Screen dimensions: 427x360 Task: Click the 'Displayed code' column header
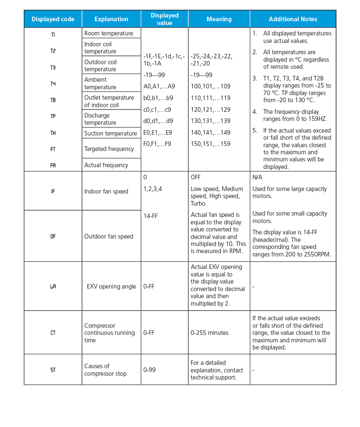pos(53,19)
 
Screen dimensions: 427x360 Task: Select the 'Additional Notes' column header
pos(292,19)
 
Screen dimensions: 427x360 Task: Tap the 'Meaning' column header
pos(219,19)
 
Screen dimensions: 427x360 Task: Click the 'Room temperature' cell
pos(109,33)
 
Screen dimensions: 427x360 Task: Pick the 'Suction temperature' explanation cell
pos(110,133)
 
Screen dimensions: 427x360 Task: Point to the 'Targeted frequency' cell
pos(109,149)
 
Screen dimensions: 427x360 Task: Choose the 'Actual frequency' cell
pos(106,165)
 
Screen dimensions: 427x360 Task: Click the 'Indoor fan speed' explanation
pos(106,191)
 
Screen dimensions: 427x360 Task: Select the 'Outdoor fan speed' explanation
pos(109,236)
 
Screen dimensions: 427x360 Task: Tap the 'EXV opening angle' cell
pos(111,286)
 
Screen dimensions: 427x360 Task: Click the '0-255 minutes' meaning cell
pos(210,333)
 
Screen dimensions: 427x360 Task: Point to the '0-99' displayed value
pos(150,370)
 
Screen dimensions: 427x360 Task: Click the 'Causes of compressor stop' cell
pos(105,370)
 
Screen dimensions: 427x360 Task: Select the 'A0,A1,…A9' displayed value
pos(159,87)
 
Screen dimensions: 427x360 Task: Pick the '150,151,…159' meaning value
pos(210,144)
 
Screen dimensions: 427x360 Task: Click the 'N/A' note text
pos(257,177)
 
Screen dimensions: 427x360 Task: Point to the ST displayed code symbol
pos(53,370)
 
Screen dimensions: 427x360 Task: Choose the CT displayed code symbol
pos(53,333)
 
